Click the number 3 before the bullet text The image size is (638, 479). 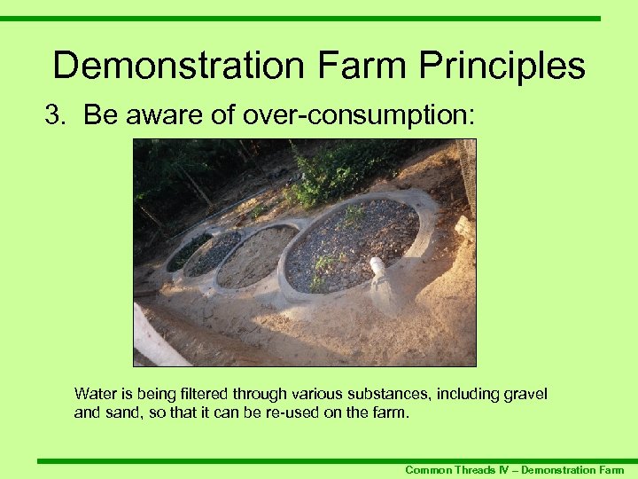[52, 115]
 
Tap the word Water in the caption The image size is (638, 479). [94, 394]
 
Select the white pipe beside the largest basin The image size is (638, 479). [380, 270]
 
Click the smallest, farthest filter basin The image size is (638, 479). [188, 251]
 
